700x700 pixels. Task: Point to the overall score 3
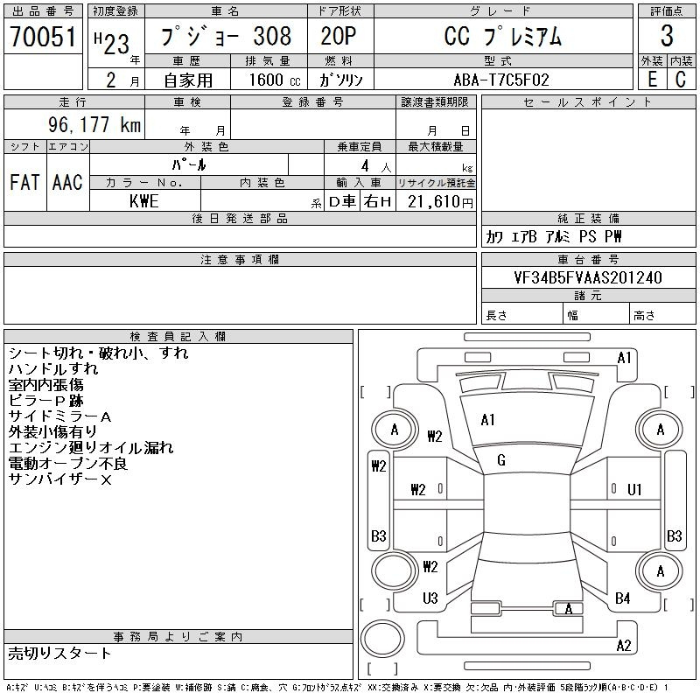[x=667, y=36]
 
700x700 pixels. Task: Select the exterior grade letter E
[x=652, y=79]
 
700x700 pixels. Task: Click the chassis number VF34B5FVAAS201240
[x=588, y=277]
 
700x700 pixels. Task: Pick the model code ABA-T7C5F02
[x=501, y=80]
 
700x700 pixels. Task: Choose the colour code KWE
[x=143, y=200]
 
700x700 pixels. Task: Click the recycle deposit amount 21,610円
[x=437, y=201]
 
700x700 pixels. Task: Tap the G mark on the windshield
[x=501, y=460]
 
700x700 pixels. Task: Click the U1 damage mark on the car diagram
[x=635, y=489]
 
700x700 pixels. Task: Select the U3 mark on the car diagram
[x=430, y=598]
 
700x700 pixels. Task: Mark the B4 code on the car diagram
[x=623, y=598]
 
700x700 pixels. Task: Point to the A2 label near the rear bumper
[x=624, y=646]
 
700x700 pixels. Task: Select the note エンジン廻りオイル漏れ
[x=91, y=447]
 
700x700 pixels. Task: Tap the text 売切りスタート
[x=60, y=653]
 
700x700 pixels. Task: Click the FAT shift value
[x=24, y=182]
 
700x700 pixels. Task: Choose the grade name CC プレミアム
[x=500, y=37]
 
